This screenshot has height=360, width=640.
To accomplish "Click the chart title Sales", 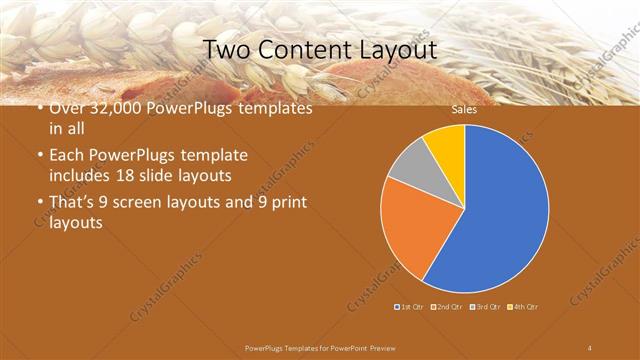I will click(464, 110).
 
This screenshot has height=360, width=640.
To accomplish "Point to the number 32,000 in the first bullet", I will click(110, 108).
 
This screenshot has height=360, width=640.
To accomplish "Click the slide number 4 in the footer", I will click(590, 347).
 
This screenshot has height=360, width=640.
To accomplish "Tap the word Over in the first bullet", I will click(67, 108).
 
